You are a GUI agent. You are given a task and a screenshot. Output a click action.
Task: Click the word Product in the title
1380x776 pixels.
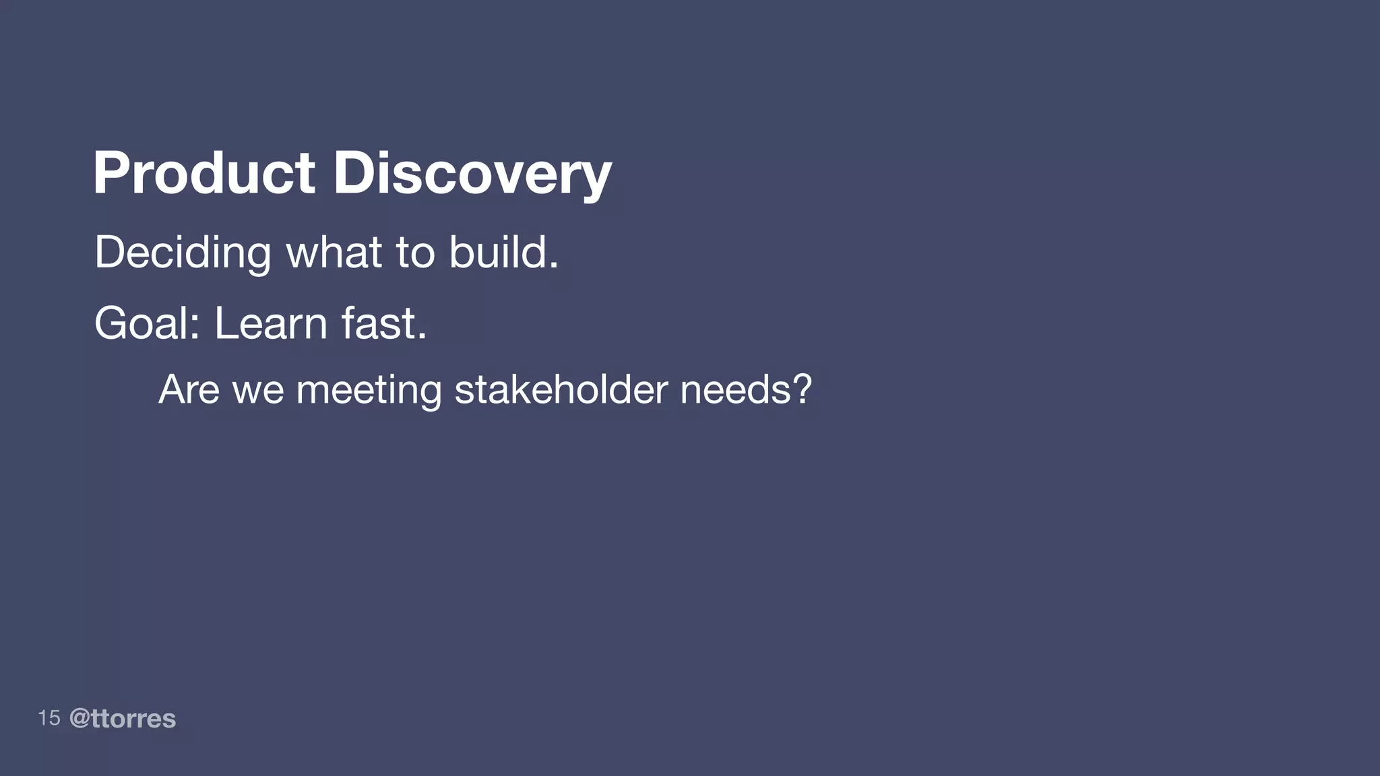click(x=203, y=173)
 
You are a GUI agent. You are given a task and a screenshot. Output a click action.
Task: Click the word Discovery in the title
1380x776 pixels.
click(x=472, y=173)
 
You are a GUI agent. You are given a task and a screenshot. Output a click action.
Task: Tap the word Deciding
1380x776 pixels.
click(x=183, y=253)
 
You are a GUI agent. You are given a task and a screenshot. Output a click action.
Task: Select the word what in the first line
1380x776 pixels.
click(x=334, y=253)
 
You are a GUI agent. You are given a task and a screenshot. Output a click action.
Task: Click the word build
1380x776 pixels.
click(x=497, y=253)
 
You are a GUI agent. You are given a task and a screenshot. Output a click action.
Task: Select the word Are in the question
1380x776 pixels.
click(x=189, y=389)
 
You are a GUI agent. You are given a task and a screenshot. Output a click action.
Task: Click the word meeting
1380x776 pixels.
click(x=369, y=389)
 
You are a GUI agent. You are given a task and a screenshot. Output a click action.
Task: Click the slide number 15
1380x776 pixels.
click(x=49, y=718)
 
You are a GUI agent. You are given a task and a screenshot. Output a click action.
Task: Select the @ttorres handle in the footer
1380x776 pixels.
click(x=123, y=719)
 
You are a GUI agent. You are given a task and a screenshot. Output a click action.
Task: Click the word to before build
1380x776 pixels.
click(x=415, y=254)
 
